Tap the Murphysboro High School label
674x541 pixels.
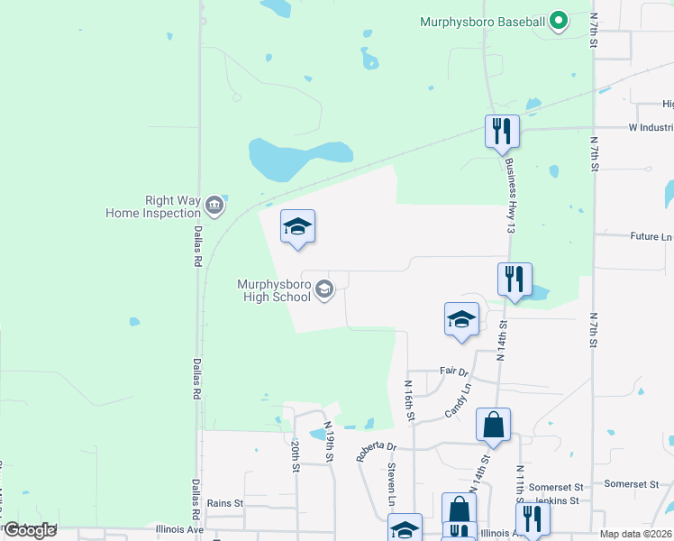[x=274, y=290]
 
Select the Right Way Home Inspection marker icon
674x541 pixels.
[x=214, y=206]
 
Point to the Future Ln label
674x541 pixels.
[x=651, y=237]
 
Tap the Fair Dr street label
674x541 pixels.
[x=455, y=371]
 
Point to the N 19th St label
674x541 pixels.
[x=330, y=443]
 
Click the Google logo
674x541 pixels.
[x=30, y=530]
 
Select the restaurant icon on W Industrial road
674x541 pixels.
[x=502, y=132]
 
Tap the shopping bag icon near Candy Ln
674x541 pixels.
[x=494, y=425]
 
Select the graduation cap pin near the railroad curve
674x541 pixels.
[x=296, y=227]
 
